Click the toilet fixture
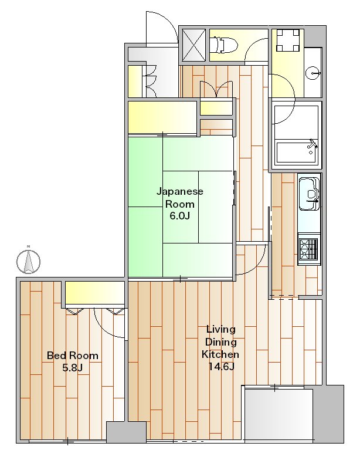point(224,45)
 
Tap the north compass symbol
point(28,261)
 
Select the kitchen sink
point(309,194)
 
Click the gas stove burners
point(308,248)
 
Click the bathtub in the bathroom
point(297,152)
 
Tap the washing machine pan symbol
point(288,40)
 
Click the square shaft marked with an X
point(194,45)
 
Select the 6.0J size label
point(179,215)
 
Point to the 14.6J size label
point(221,367)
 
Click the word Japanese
point(180,191)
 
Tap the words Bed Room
point(73,356)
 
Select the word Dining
point(221,343)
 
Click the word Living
point(221,330)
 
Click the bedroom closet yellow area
point(94,292)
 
